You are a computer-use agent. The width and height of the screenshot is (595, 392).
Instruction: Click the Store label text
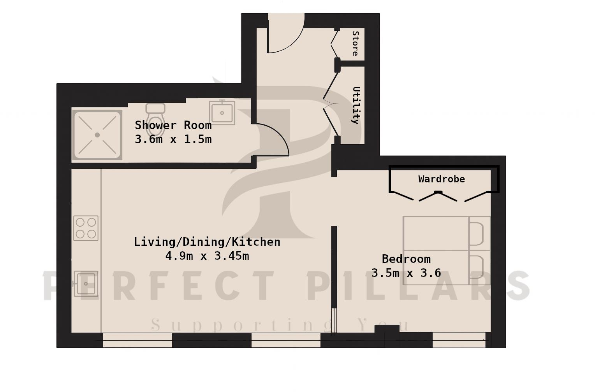[x=355, y=44]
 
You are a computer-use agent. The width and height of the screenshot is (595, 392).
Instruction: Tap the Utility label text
[x=356, y=105]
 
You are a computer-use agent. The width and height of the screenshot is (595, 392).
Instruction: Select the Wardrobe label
[x=441, y=179]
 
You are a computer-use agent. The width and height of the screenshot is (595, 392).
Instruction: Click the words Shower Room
[x=173, y=125]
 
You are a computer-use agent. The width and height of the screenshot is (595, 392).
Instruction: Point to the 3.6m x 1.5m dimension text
[x=173, y=139]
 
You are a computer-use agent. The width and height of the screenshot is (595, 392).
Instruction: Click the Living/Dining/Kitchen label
[x=207, y=242]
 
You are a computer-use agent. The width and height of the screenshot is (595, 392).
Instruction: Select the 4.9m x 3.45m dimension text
[x=207, y=256]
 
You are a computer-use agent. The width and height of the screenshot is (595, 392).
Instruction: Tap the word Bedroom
[x=406, y=259]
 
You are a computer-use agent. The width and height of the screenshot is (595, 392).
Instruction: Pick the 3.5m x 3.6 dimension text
[x=406, y=273]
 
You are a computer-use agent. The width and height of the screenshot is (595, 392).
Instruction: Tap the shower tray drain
[x=97, y=135]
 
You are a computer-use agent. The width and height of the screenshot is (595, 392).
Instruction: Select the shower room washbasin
[x=222, y=113]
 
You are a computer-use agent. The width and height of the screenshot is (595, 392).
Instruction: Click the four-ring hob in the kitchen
[x=86, y=228]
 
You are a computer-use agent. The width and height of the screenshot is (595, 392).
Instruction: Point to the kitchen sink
[x=86, y=283]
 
